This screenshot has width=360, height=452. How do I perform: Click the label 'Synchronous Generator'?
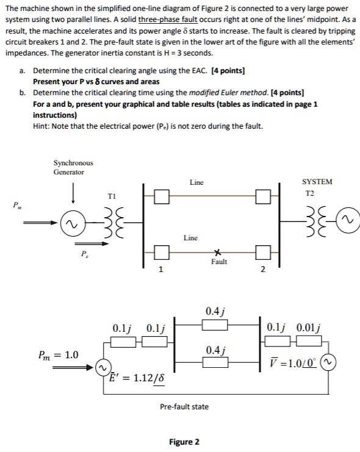pos(73,167)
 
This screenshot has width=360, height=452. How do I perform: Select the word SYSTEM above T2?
pos(317,182)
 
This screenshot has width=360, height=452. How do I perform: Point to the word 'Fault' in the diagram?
pos(218,262)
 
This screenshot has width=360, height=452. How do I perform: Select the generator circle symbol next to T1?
pos(73,226)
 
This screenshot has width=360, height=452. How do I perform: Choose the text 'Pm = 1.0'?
pos(59,354)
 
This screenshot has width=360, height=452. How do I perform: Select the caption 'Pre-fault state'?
pos(184,406)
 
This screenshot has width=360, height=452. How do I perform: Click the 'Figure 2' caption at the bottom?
pos(184,442)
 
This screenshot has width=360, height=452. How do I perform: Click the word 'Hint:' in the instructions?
pos(43,126)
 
